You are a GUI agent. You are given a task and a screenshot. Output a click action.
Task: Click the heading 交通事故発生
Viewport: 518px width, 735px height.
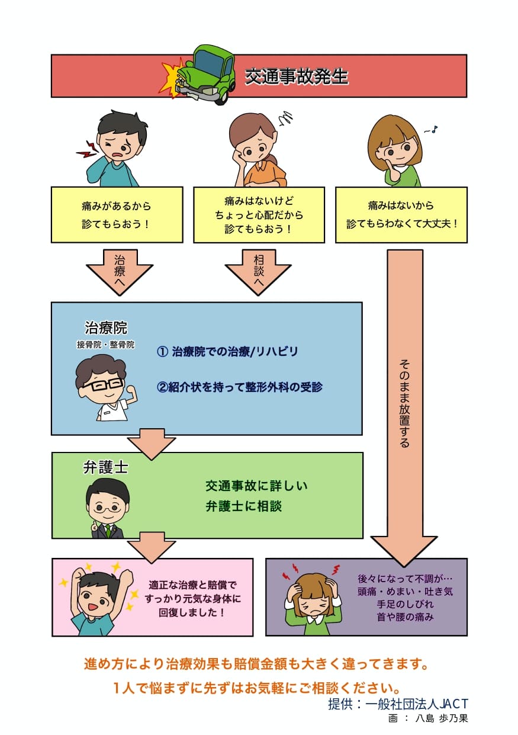pos(297,76)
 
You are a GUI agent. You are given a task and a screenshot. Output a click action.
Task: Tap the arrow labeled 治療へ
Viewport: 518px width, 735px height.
pos(119,269)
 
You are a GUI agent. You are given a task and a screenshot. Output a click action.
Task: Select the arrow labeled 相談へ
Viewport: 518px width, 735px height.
pos(258,269)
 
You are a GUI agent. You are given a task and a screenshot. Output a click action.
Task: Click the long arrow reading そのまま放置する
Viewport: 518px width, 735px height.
pos(404,403)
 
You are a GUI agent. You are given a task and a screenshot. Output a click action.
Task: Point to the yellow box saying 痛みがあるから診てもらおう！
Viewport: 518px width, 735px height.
pos(117,215)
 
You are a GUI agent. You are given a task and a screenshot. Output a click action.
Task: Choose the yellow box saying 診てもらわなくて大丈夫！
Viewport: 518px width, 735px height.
pos(401,215)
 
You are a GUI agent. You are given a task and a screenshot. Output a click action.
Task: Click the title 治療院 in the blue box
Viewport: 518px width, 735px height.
pos(106,328)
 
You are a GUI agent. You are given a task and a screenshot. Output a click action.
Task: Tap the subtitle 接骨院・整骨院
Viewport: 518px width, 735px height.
pos(106,344)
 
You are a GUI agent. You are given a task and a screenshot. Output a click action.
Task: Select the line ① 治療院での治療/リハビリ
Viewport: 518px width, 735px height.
pos(227,352)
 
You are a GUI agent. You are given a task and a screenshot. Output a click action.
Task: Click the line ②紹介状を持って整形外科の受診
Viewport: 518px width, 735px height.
pos(240,387)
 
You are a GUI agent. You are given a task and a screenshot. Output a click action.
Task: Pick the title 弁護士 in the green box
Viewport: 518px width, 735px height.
pos(106,468)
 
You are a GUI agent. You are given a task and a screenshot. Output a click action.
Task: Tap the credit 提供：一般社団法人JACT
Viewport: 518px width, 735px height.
pos(398,704)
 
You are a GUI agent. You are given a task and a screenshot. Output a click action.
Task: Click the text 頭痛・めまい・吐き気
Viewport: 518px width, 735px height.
pos(405,591)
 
